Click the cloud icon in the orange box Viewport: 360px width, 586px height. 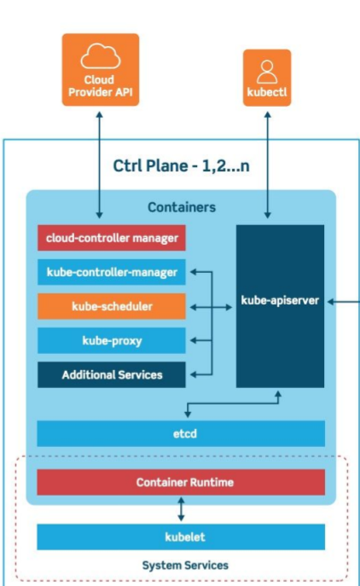pyautogui.click(x=101, y=56)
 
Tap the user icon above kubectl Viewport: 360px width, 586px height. pyautogui.click(x=267, y=72)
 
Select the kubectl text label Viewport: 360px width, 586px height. pyautogui.click(x=267, y=92)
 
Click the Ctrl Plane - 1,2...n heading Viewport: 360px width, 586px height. pyautogui.click(x=182, y=166)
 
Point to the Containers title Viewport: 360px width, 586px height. pyautogui.click(x=182, y=207)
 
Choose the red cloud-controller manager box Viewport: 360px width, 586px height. pyautogui.click(x=112, y=238)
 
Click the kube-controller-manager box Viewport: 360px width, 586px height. pyautogui.click(x=112, y=272)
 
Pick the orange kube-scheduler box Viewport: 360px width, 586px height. pyautogui.click(x=112, y=306)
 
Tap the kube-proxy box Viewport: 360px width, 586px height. pyautogui.click(x=112, y=340)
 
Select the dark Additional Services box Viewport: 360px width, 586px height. pyautogui.click(x=112, y=374)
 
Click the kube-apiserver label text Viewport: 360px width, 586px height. pyautogui.click(x=280, y=300)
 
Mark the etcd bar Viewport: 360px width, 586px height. pyautogui.click(x=181, y=433)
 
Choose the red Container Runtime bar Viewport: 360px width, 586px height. pyautogui.click(x=181, y=482)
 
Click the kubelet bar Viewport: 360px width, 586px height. pyautogui.click(x=181, y=537)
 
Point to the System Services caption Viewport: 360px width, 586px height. pyautogui.click(x=185, y=565)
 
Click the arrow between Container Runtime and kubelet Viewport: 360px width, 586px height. pyautogui.click(x=181, y=509)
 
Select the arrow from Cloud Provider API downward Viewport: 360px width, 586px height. pyautogui.click(x=99, y=165)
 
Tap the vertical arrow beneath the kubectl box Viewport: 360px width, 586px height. pyautogui.click(x=267, y=165)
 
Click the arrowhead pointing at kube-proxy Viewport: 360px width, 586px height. pyautogui.click(x=194, y=340)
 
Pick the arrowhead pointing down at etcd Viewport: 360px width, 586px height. pyautogui.click(x=188, y=414)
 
